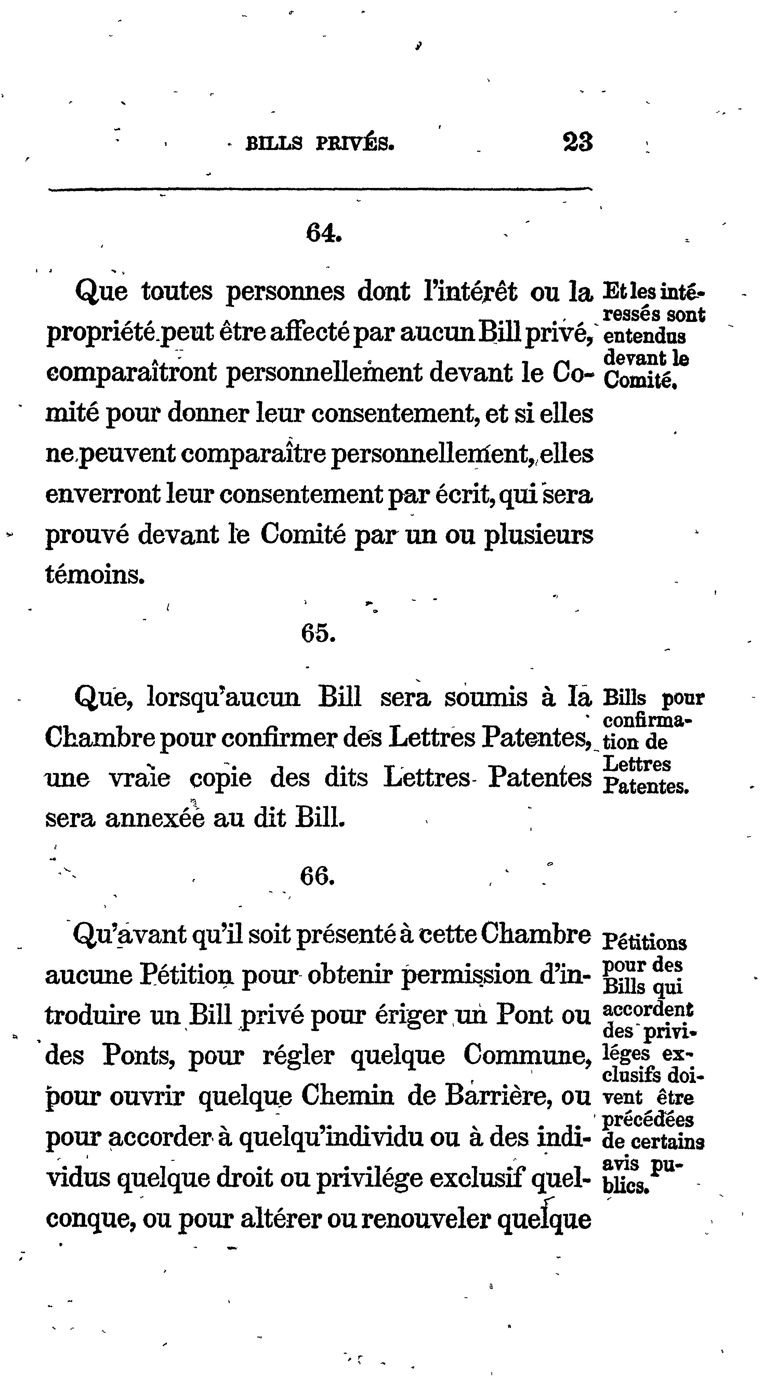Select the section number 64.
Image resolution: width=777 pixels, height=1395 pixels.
[x=324, y=233]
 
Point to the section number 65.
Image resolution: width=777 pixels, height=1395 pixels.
[x=319, y=633]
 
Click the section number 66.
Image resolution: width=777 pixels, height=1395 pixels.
[x=317, y=876]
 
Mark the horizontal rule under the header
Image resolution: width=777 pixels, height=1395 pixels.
[x=320, y=189]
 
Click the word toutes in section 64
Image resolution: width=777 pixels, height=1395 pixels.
[x=177, y=292]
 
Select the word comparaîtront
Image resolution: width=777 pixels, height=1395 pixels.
[x=132, y=373]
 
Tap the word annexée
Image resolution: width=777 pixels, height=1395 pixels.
[x=155, y=818]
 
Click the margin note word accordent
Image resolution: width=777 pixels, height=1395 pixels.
[x=647, y=1010]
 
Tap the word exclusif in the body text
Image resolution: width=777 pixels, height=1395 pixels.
[x=475, y=1178]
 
